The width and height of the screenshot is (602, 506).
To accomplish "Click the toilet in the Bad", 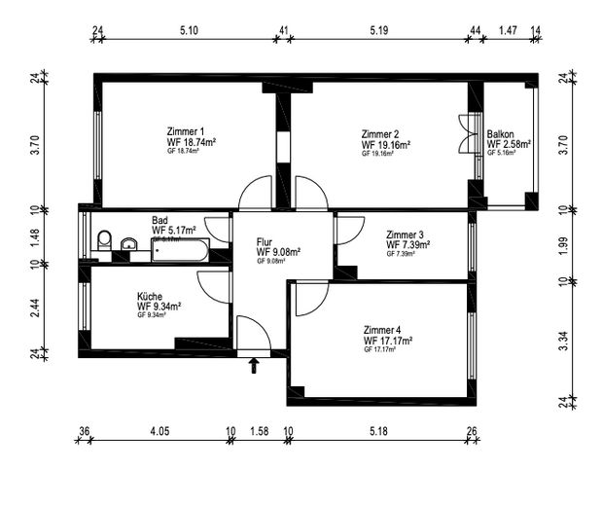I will (x=104, y=240).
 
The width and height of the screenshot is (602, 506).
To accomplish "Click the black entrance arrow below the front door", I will (x=255, y=366).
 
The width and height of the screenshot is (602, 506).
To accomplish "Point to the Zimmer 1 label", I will (x=186, y=131).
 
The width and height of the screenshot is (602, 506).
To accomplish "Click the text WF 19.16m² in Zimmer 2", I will (x=385, y=144).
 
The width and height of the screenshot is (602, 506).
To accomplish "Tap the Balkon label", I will (x=501, y=134).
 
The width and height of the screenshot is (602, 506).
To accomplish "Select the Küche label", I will (x=150, y=297).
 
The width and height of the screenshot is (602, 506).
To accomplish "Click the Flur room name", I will (x=266, y=241).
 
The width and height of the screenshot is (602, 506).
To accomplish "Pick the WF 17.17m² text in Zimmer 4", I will (x=388, y=341).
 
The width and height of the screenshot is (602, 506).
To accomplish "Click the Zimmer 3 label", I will (x=405, y=235).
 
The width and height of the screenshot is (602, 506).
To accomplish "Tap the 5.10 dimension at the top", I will (x=190, y=31).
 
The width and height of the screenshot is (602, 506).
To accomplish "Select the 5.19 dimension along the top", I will (x=379, y=31).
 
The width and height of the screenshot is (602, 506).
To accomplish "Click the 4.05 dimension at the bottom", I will (x=159, y=430).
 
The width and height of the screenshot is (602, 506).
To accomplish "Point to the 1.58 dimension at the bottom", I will (x=259, y=430).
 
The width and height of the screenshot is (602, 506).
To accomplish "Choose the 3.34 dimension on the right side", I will (x=565, y=340).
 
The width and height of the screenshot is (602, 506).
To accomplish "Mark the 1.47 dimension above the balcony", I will (x=507, y=31).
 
